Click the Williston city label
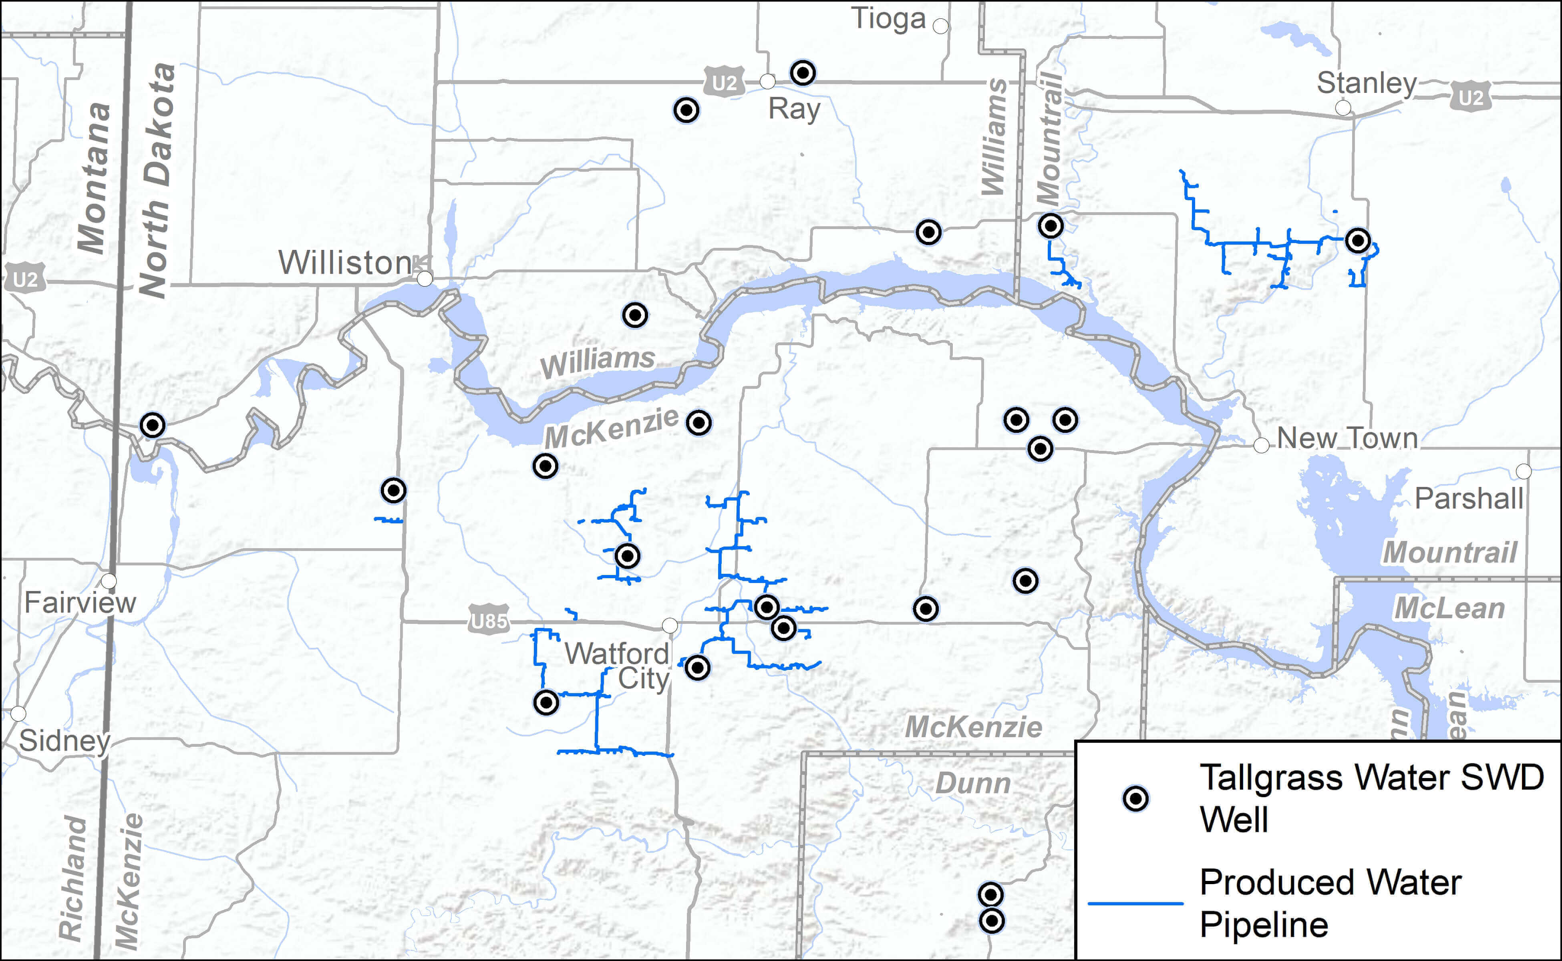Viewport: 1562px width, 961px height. coord(345,263)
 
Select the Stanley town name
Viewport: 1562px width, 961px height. coord(1366,83)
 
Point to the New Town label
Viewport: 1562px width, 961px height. coord(1347,438)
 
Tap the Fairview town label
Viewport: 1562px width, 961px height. coord(80,603)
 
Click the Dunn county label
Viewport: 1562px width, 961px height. coord(973,784)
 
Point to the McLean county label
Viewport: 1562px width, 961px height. coord(1449,609)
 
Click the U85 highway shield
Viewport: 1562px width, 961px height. coord(489,620)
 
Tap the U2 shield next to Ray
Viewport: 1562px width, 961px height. coord(724,82)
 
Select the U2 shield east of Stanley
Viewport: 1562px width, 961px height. coord(1470,97)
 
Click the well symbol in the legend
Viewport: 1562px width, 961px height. coord(1135,798)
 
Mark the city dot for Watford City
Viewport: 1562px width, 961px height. coord(669,626)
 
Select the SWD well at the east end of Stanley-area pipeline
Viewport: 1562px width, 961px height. coord(1358,241)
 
